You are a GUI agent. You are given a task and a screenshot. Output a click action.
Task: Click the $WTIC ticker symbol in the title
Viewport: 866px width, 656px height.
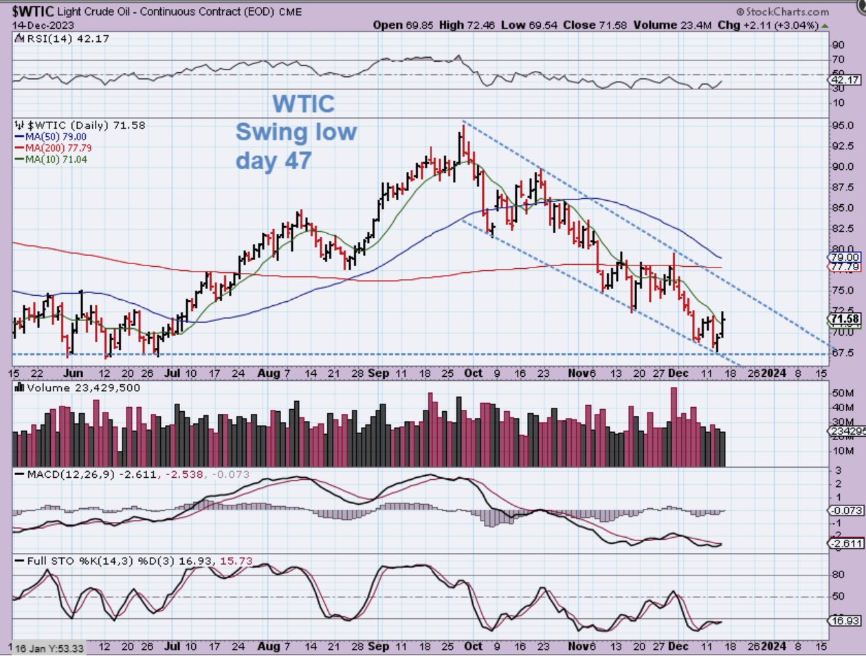point(33,12)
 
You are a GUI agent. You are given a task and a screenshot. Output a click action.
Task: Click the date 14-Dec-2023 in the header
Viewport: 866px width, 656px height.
point(43,25)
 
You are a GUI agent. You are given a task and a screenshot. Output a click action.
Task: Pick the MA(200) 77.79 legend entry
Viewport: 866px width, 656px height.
point(58,148)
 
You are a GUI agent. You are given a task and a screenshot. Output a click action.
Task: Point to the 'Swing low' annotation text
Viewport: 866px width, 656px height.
point(296,131)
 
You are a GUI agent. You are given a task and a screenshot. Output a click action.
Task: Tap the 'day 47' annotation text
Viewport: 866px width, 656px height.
point(274,160)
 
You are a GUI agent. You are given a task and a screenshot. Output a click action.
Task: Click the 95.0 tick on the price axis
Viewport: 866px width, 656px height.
point(843,126)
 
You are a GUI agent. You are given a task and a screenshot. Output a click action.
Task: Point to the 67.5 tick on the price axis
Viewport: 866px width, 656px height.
point(843,353)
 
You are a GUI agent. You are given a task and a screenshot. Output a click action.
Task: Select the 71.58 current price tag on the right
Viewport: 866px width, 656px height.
point(845,319)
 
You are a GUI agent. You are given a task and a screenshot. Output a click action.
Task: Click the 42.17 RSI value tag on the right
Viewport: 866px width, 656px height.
point(845,80)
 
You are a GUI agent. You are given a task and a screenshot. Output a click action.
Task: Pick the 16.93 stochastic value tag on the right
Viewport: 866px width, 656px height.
point(845,620)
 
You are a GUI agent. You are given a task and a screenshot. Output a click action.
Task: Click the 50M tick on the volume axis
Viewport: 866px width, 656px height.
point(843,393)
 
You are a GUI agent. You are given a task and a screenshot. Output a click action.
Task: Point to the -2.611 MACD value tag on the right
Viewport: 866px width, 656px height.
point(845,543)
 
